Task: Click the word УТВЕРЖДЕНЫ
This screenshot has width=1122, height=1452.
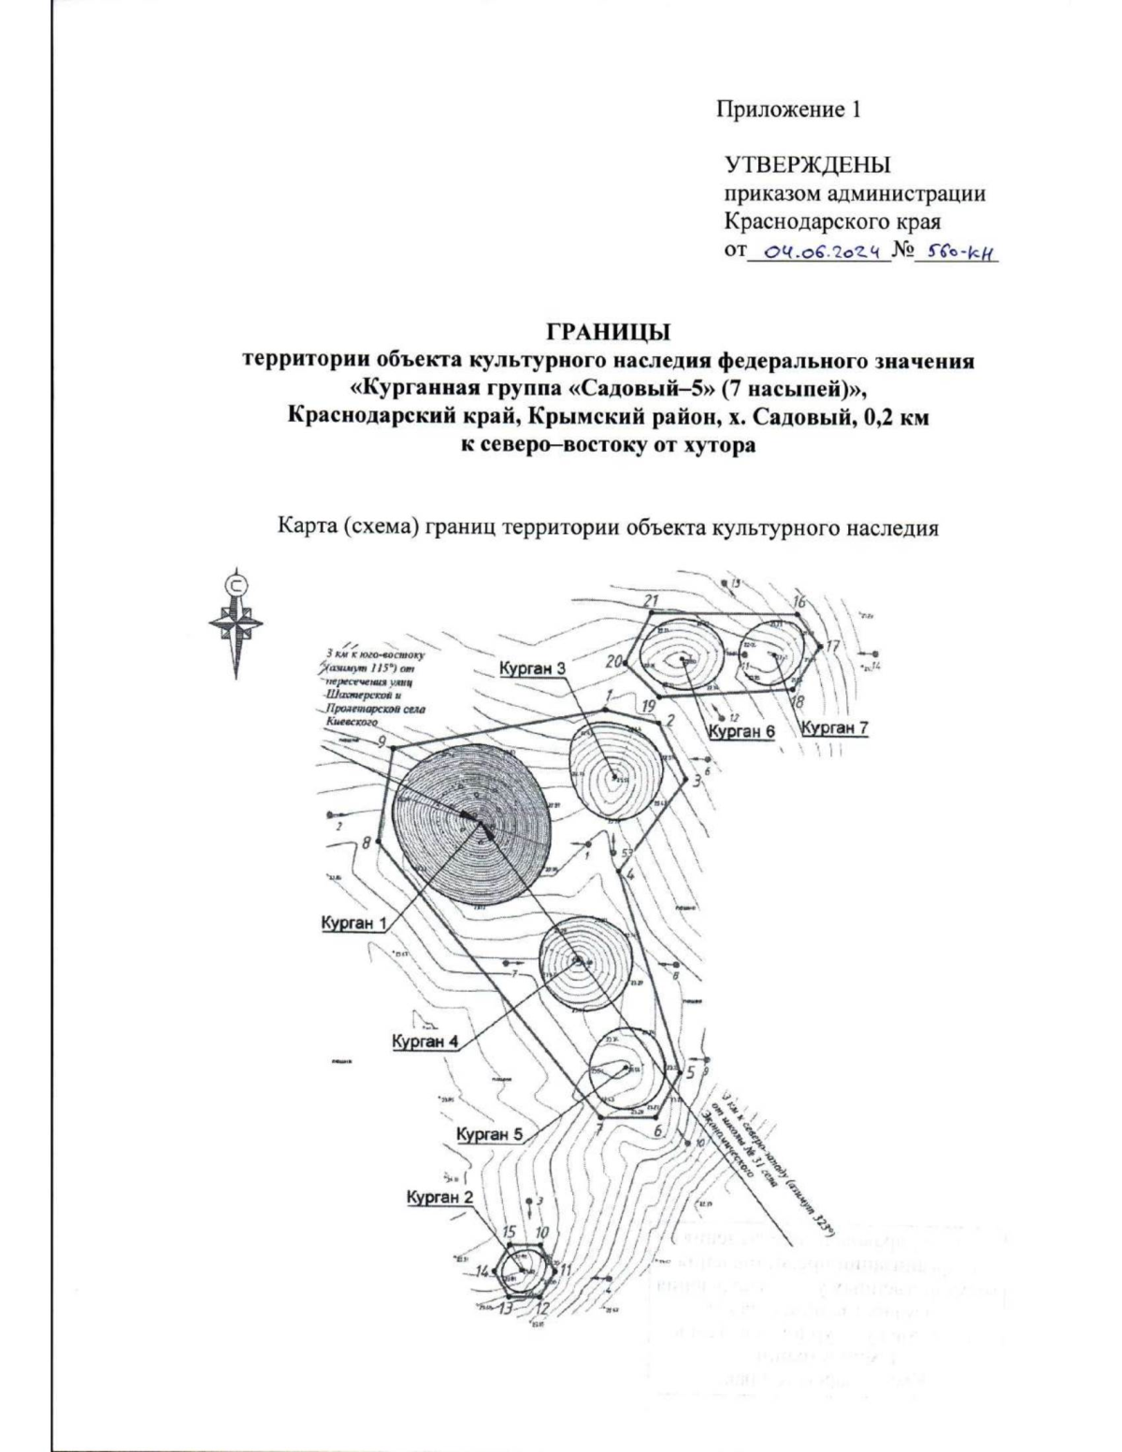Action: tap(808, 166)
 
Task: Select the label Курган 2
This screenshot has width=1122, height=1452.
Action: tap(439, 1198)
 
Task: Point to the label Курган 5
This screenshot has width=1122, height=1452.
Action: tap(489, 1134)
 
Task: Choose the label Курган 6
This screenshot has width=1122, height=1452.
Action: tap(742, 731)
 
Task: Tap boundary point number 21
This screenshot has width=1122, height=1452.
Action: tap(653, 600)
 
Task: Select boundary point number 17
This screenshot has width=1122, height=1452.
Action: tap(833, 646)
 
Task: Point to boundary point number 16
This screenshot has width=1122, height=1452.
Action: tap(799, 602)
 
